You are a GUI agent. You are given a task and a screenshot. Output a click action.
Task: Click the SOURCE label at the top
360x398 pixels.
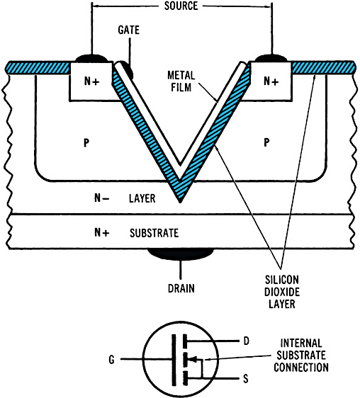(x=181, y=6)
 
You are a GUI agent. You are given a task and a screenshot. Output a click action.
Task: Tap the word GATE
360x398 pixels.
(x=130, y=32)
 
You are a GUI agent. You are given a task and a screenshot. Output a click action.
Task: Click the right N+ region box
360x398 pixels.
(x=271, y=81)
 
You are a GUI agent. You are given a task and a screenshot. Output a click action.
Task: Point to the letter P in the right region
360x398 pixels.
(x=266, y=142)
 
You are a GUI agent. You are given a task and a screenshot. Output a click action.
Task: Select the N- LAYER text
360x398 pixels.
(x=125, y=199)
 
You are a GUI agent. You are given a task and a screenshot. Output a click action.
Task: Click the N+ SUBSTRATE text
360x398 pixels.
(x=135, y=232)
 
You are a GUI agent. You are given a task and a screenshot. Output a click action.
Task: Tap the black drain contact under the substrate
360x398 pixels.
(x=180, y=253)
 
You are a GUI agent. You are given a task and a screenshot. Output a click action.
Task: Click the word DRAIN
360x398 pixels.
(x=180, y=288)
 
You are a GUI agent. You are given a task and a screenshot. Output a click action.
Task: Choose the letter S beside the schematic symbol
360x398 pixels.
(x=244, y=380)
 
